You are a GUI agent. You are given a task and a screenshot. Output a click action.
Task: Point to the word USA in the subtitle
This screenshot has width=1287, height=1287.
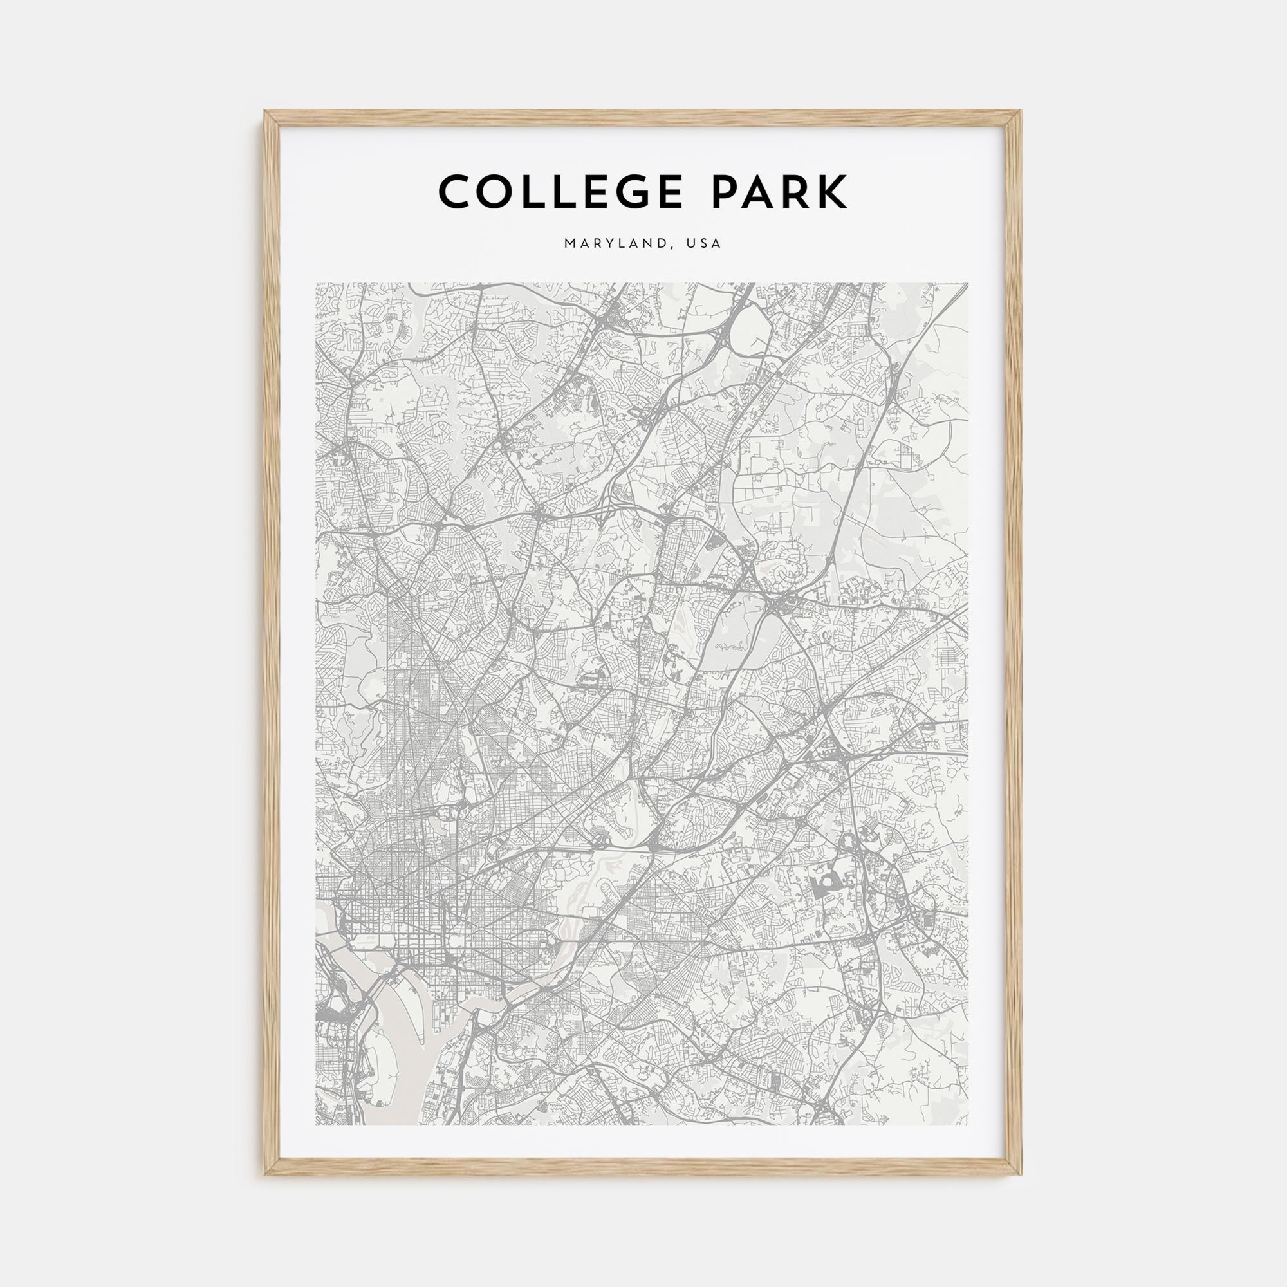tap(705, 244)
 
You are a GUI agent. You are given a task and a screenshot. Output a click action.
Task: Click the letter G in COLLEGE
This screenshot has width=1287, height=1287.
tap(633, 192)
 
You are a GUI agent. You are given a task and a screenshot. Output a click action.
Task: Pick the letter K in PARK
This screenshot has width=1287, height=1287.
tap(833, 192)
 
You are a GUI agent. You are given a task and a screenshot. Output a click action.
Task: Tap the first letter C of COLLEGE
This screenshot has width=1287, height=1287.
tap(454, 192)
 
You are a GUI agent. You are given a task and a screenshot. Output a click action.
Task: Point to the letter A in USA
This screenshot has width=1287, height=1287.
tap(716, 244)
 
